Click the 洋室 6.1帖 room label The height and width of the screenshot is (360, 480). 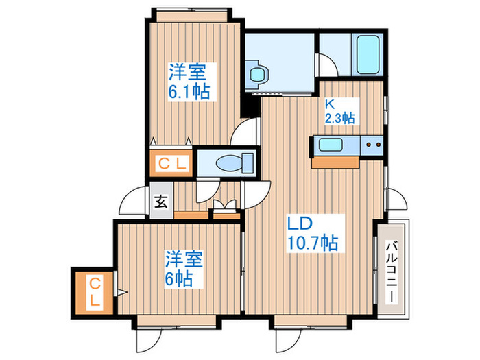[x=187, y=81]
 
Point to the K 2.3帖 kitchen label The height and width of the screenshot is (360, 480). [x=339, y=112]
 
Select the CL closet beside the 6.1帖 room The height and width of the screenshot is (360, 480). [x=171, y=164]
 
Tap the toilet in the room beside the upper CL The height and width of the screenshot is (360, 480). [x=227, y=163]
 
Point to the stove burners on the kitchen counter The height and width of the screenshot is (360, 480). [x=373, y=145]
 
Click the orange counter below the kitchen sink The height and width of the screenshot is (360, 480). [x=335, y=162]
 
